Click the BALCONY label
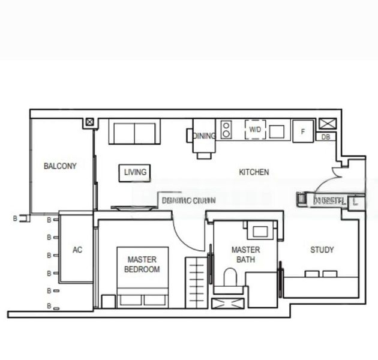click(x=60, y=166)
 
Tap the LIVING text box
click(x=135, y=173)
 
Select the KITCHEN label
click(x=254, y=172)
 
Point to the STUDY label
click(x=322, y=250)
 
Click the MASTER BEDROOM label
click(x=142, y=265)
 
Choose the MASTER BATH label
click(x=246, y=254)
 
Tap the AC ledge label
click(x=77, y=250)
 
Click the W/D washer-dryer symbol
click(x=255, y=129)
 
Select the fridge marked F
click(x=303, y=131)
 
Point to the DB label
click(x=326, y=137)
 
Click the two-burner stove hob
click(x=226, y=130)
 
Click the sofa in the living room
click(x=134, y=132)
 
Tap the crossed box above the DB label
click(x=328, y=124)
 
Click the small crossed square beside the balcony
click(x=89, y=122)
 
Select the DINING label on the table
click(x=204, y=136)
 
